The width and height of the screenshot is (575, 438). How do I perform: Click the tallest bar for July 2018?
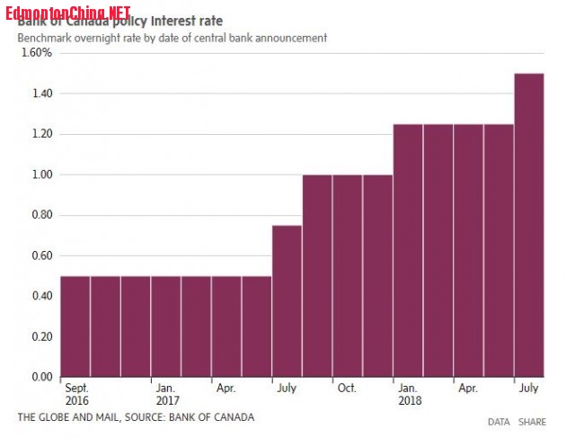click(x=529, y=225)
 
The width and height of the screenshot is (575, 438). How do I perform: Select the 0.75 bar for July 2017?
click(x=287, y=301)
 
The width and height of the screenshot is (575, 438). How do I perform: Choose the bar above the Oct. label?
click(x=348, y=275)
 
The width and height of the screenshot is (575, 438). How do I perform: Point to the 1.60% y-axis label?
click(x=35, y=53)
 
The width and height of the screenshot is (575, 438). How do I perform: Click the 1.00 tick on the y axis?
click(x=40, y=174)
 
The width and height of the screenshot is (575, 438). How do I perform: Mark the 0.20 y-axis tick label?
click(x=40, y=336)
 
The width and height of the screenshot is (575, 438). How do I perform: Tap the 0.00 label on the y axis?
click(x=40, y=377)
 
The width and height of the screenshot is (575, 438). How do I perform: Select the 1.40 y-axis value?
click(x=40, y=94)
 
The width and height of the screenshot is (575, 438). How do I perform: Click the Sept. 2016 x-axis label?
click(x=77, y=394)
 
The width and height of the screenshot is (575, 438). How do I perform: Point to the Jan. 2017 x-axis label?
click(x=166, y=394)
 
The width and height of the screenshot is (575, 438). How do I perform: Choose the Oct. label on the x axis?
click(x=347, y=389)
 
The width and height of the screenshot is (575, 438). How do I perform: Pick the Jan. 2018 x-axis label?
click(x=409, y=394)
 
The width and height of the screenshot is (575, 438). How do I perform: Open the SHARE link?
click(x=531, y=422)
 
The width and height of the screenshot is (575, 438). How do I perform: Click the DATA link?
click(x=499, y=422)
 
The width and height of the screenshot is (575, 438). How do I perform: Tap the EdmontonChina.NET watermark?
click(x=66, y=12)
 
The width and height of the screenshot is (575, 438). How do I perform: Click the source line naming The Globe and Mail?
click(x=136, y=417)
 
